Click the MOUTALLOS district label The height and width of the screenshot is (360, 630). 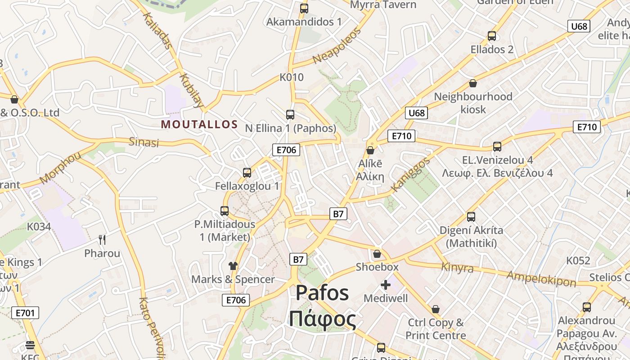(x=199, y=124)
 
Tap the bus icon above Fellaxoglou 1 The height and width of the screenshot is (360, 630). (x=247, y=172)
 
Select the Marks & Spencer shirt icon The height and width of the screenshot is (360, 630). (x=233, y=266)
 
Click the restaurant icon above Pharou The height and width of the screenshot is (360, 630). (x=102, y=239)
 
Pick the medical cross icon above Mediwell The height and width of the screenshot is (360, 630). (x=386, y=284)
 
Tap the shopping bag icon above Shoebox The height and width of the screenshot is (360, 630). (x=377, y=254)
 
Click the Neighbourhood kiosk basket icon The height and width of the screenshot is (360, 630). (x=473, y=83)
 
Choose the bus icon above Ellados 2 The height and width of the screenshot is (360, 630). (x=492, y=36)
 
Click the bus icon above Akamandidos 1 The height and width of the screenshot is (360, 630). (x=304, y=8)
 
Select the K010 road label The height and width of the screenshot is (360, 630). (x=292, y=77)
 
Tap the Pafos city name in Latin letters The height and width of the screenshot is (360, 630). (x=322, y=293)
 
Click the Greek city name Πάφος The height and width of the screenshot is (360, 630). (x=322, y=319)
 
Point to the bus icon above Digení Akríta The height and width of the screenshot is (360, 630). (x=471, y=217)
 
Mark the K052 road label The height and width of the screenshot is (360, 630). (x=578, y=261)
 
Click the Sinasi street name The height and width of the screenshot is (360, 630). (x=144, y=142)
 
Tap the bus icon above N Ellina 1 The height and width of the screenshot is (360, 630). (x=290, y=115)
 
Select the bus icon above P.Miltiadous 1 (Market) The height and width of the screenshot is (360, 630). (x=225, y=211)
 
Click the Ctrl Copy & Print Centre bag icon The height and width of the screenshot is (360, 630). (x=436, y=309)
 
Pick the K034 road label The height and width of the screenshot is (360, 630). (x=39, y=226)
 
